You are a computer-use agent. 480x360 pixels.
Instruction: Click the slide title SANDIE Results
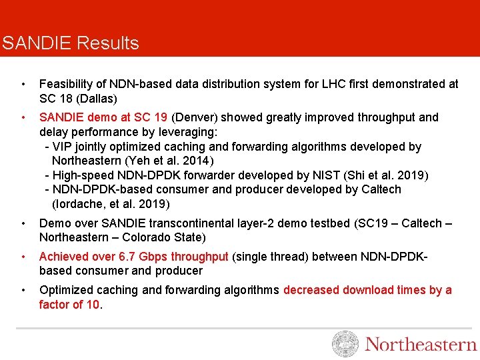point(70,43)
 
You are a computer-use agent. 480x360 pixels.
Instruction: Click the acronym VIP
point(65,146)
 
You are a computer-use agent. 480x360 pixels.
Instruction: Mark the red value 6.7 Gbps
point(142,257)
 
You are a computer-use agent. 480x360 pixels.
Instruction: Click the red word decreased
point(311,290)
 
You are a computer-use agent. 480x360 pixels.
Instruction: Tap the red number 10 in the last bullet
point(92,305)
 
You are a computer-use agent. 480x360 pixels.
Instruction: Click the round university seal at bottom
point(345,344)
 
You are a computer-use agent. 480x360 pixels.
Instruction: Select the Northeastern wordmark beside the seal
point(421,344)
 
